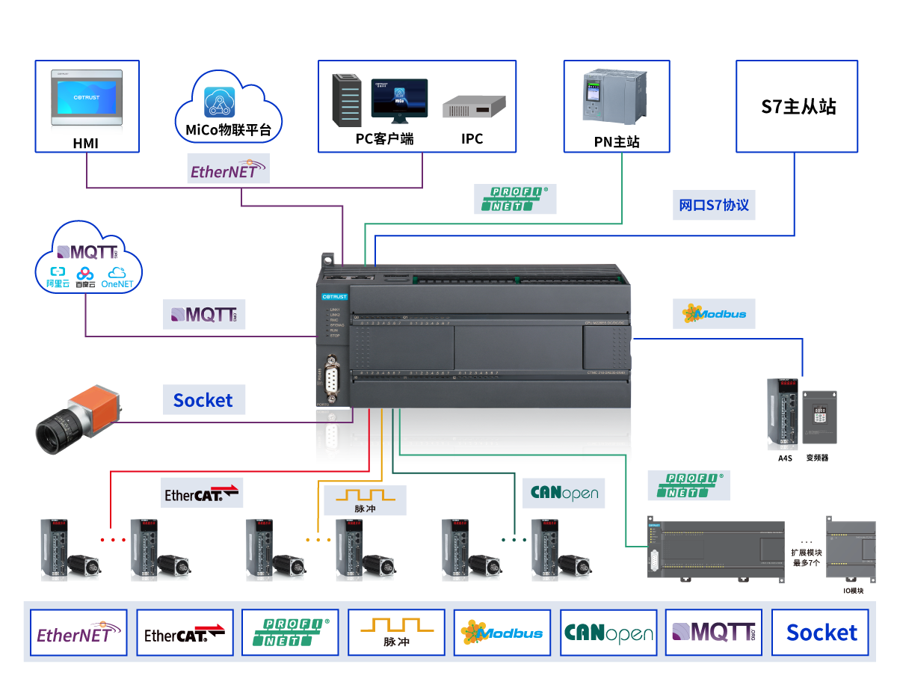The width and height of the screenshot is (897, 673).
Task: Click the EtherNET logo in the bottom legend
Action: point(78,633)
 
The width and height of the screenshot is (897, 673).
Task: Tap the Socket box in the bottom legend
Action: point(821,633)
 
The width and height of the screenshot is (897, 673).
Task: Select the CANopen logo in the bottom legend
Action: point(608,633)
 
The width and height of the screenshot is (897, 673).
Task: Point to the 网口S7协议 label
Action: point(714,205)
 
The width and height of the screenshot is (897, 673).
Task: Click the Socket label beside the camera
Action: point(204,400)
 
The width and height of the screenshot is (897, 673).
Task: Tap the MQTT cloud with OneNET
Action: point(88,257)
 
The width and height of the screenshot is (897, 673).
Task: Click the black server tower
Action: point(347,99)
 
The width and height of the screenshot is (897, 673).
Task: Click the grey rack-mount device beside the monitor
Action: point(474,108)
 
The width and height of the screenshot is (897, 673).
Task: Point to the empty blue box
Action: point(797,106)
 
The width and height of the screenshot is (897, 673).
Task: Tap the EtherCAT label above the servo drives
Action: point(202,494)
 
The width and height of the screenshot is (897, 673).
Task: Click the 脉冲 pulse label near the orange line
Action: point(365,500)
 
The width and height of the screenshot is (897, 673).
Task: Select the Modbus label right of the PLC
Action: point(714,314)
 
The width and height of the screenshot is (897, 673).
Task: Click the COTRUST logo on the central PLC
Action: point(334,297)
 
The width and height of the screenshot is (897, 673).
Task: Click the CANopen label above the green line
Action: point(564,493)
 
